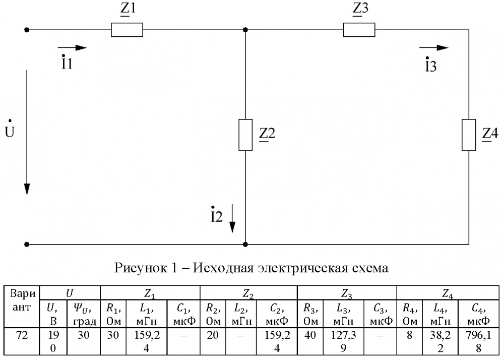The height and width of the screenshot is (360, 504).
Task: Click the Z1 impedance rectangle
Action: tap(127, 30)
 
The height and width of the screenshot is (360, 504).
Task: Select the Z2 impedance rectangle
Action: tap(245, 135)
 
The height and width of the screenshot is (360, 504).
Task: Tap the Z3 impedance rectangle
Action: tap(359, 30)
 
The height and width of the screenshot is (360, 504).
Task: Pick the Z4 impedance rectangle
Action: tap(469, 135)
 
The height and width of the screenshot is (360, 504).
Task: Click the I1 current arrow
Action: tap(72, 48)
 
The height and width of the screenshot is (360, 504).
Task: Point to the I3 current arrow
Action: tap(434, 48)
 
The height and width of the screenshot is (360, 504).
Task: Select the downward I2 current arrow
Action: tap(232, 218)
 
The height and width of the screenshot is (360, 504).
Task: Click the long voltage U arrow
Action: tap(27, 133)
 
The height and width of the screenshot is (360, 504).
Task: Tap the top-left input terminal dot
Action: tap(27, 30)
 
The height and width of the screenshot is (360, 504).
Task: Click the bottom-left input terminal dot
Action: tap(27, 244)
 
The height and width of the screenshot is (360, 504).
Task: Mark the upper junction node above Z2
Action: tap(245, 30)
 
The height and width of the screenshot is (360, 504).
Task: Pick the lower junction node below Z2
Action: tap(245, 244)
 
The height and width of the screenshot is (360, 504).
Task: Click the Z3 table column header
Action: tap(347, 293)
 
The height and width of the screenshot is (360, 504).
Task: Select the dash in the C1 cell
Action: tap(183, 336)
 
